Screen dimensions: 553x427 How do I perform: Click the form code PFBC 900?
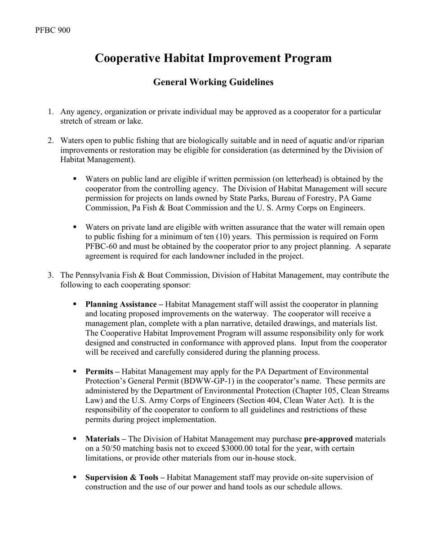point(53,30)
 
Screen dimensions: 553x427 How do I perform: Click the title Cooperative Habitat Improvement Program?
point(213,58)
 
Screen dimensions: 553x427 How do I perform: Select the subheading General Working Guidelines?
point(213,82)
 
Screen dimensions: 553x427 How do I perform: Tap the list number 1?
point(51,111)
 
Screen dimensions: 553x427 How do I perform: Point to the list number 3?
point(51,275)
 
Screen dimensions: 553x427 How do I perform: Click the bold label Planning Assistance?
point(120,304)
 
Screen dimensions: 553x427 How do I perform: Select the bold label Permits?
point(99,372)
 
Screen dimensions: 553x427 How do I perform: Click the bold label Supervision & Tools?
point(121,477)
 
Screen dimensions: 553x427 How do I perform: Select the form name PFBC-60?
point(103,247)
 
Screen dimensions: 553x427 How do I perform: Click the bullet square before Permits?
point(75,372)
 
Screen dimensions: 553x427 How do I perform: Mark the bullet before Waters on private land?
point(75,227)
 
